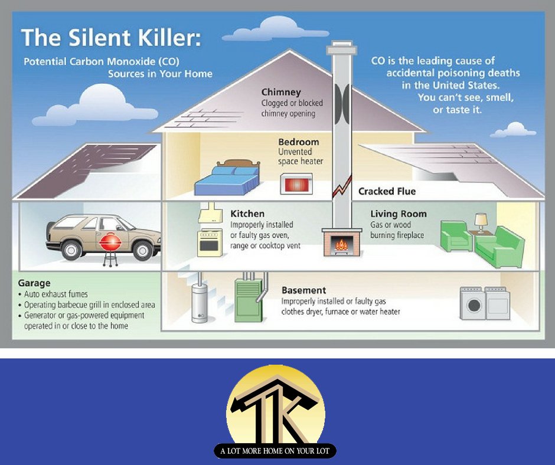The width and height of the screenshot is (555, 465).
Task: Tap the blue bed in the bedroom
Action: (x=227, y=180)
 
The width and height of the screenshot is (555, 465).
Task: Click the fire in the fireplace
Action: (x=340, y=244)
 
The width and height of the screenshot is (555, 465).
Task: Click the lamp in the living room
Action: (x=481, y=221)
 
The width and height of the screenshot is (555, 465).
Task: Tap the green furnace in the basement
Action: (x=248, y=300)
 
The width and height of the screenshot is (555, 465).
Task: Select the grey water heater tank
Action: (x=200, y=303)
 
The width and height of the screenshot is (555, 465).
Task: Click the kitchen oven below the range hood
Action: (x=209, y=242)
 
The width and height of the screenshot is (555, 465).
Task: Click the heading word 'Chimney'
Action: (x=281, y=92)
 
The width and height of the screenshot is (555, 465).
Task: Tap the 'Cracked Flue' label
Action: (x=387, y=191)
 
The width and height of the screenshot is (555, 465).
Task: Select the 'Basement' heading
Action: (x=303, y=290)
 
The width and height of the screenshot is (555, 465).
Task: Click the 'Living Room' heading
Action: (x=398, y=214)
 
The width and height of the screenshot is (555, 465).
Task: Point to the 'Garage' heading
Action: (x=34, y=283)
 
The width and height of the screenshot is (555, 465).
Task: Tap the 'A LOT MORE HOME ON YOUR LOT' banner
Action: (x=275, y=451)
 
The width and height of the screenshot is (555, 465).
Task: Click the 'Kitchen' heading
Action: (x=247, y=214)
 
